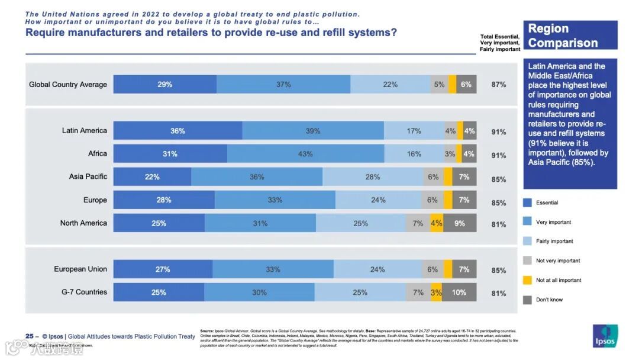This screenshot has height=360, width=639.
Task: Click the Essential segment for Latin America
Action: [177, 131]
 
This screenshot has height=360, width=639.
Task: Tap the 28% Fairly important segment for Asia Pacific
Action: [373, 177]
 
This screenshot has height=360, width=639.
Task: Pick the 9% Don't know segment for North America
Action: [460, 223]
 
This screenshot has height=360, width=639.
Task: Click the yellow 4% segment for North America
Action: [437, 223]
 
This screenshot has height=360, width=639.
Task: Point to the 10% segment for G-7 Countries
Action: [459, 292]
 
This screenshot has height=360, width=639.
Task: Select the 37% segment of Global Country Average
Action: [283, 85]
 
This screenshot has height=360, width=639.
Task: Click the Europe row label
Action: [95, 200]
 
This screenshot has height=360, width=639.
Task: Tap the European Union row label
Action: [80, 269]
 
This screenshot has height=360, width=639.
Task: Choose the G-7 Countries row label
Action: [84, 292]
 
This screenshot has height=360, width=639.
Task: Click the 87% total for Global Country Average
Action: [499, 85]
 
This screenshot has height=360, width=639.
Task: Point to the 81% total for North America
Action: [499, 224]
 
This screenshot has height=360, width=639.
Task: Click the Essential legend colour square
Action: [527, 202]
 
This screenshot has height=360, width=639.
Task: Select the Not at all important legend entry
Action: [559, 280]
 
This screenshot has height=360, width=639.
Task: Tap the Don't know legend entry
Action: [549, 300]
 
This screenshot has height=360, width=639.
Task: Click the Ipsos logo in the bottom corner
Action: [605, 336]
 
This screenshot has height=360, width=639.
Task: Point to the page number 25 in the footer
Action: [29, 336]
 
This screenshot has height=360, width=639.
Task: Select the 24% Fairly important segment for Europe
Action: [378, 200]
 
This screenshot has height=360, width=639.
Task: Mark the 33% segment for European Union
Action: [273, 269]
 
